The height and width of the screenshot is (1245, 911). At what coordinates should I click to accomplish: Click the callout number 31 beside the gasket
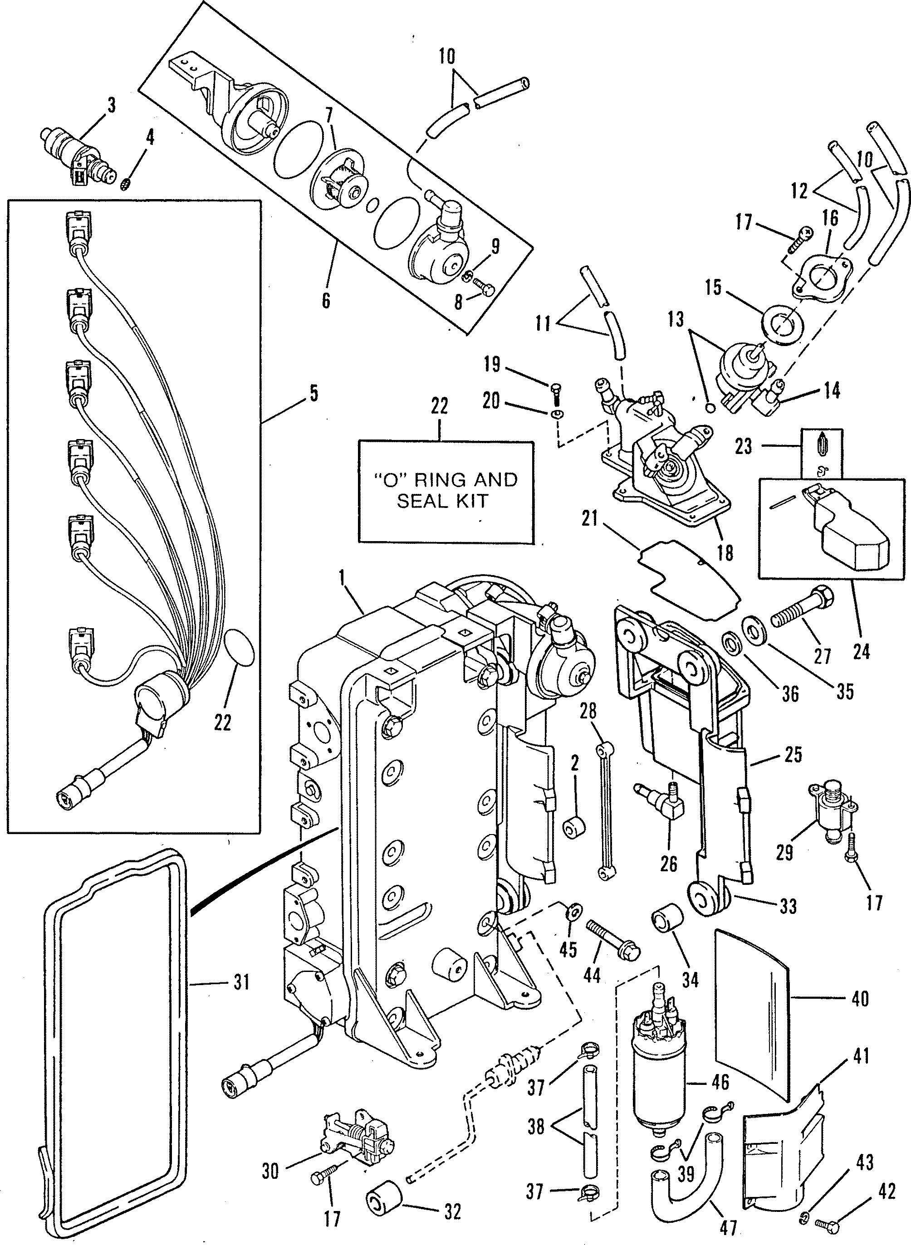241,981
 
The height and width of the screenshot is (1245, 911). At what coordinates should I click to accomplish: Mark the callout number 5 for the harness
313,395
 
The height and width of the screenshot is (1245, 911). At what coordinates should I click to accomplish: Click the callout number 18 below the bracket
726,552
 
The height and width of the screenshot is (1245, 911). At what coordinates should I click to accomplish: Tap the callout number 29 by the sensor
785,852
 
